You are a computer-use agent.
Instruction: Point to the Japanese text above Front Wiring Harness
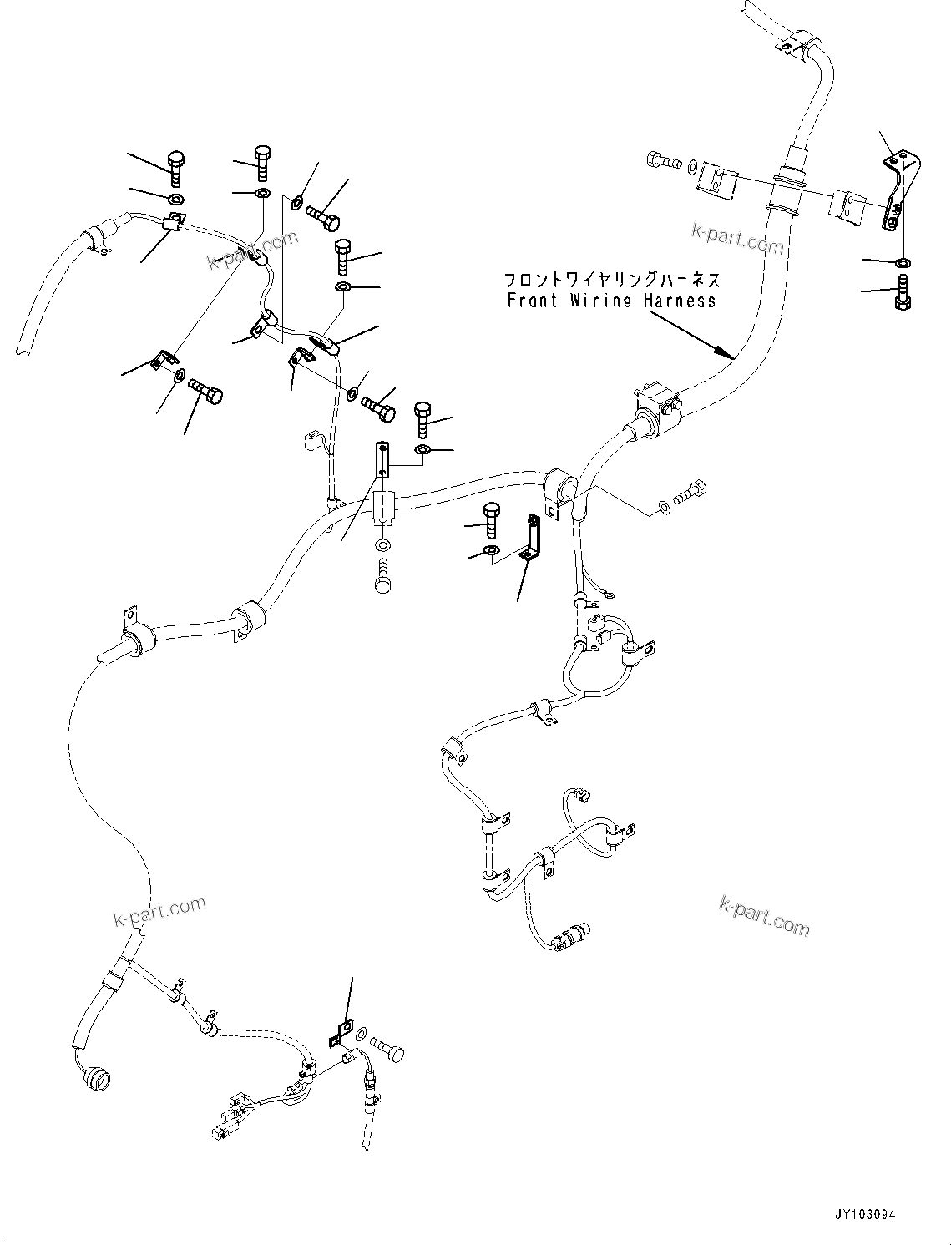point(611,280)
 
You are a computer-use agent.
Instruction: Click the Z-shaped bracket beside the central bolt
point(529,538)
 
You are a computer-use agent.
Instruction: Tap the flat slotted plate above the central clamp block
point(381,459)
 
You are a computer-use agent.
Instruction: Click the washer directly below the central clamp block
point(382,545)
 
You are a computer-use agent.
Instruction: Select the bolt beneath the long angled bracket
point(902,291)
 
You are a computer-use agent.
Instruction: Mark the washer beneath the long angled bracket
point(902,263)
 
